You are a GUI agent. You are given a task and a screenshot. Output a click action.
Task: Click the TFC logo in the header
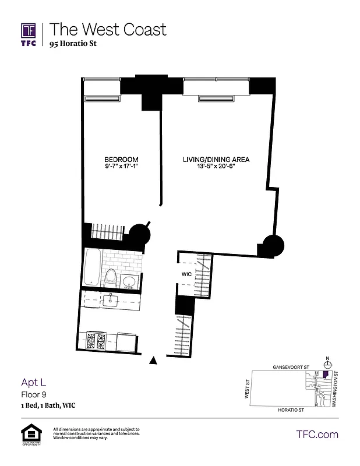[29, 34]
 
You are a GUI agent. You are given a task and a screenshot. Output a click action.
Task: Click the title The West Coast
[108, 29]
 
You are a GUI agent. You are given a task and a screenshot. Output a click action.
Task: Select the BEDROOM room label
[121, 160]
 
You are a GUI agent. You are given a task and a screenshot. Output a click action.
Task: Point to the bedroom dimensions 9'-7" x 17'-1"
[121, 167]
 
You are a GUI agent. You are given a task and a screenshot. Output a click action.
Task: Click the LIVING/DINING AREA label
[216, 160]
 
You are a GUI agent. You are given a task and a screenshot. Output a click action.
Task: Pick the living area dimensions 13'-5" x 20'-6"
[216, 167]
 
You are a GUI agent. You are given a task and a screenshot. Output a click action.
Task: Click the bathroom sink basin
[130, 283]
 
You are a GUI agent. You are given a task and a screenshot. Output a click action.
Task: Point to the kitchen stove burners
[96, 341]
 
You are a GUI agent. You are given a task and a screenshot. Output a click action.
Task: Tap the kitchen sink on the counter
[111, 301]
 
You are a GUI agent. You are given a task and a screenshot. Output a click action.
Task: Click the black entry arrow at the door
[154, 361]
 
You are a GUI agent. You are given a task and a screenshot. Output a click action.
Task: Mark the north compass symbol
[327, 365]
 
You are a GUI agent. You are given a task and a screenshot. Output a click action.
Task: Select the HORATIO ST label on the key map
[288, 410]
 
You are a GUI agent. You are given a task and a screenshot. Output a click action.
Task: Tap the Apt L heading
[34, 383]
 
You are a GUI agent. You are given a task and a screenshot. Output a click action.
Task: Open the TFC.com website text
[317, 434]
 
